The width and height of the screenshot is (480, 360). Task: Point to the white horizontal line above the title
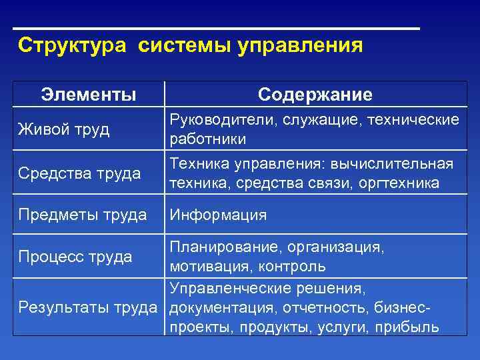[x=217, y=29]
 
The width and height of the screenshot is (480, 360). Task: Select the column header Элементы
[x=89, y=95]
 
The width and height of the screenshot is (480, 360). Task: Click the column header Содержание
[x=315, y=95]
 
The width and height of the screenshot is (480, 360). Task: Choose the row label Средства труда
[x=79, y=173]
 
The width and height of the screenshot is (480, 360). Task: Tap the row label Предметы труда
[x=83, y=215]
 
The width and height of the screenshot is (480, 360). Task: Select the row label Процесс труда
[x=75, y=257]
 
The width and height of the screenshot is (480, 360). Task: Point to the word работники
[x=208, y=139]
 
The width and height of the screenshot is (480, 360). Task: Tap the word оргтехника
[x=402, y=183]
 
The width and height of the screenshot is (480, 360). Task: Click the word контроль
[x=293, y=266]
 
